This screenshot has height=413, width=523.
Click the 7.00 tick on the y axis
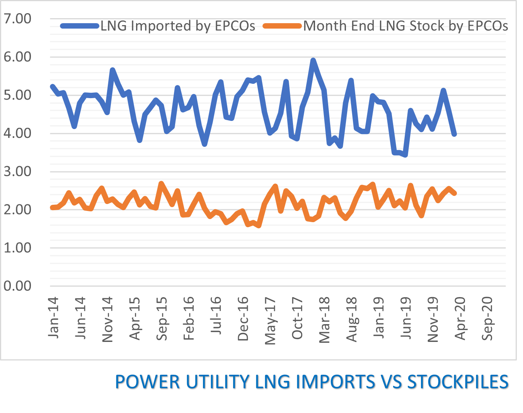click(17, 19)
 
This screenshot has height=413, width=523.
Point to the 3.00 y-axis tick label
click(17, 171)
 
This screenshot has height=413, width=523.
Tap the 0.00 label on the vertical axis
click(17, 286)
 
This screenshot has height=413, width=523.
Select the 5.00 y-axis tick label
click(17, 95)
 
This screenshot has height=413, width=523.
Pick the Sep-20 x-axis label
click(488, 318)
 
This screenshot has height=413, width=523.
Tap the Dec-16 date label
click(243, 319)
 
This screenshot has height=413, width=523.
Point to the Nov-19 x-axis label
click(433, 319)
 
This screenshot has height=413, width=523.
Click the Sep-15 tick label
click(162, 318)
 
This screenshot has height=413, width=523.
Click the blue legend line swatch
click(80, 26)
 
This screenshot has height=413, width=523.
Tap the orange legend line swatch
click(282, 26)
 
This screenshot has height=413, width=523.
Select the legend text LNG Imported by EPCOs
click(178, 26)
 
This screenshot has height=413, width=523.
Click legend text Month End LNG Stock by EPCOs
click(405, 26)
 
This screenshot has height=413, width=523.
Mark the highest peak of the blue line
click(313, 60)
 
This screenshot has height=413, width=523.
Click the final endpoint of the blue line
click(455, 134)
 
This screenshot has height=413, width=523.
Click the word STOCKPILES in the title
click(458, 382)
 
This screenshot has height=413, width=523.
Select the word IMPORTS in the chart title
click(335, 382)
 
